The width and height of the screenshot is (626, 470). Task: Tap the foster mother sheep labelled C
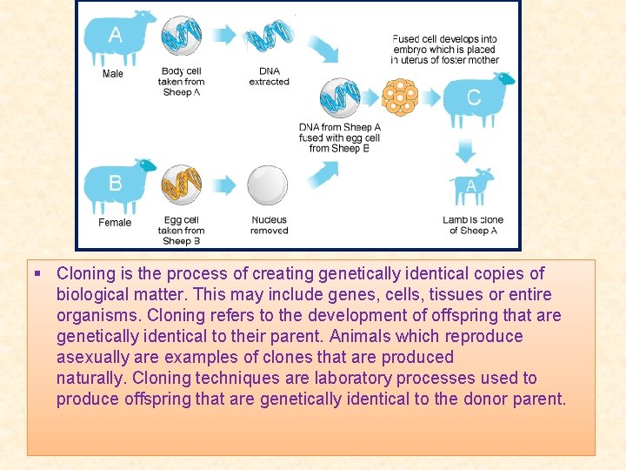point(476,97)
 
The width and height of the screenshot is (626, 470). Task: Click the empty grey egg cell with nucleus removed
point(267,185)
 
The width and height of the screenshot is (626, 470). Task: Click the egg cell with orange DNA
point(181,185)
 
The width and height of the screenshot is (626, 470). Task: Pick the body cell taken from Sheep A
point(181,37)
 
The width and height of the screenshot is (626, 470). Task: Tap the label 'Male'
point(113,74)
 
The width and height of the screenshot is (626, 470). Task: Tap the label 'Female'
point(115,223)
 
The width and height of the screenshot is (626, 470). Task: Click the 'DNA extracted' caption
point(269,77)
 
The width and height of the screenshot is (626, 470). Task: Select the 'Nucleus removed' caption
point(269,225)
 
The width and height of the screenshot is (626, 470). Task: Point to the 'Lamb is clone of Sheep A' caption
point(473,225)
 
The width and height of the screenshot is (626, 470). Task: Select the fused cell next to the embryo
point(339,97)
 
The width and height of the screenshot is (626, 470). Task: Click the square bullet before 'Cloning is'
point(37,274)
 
